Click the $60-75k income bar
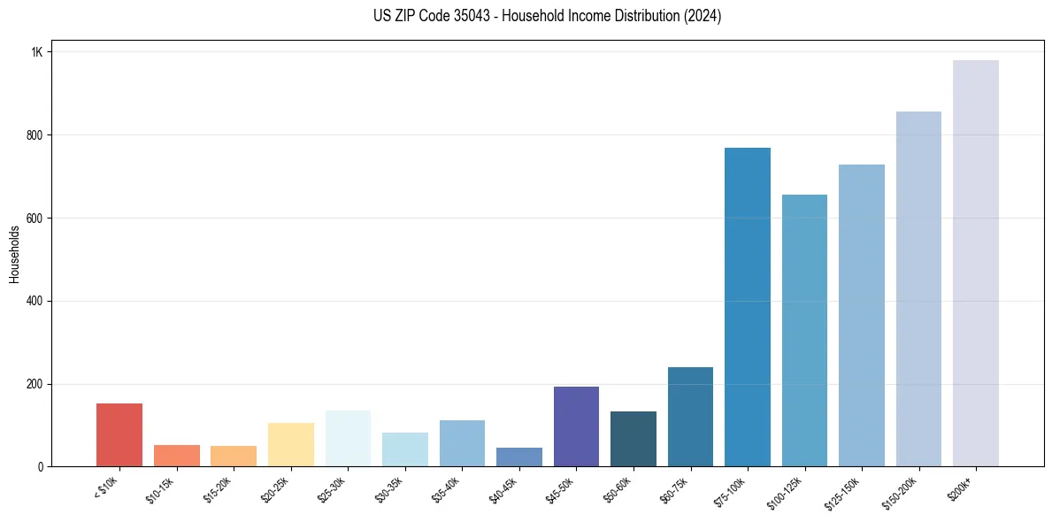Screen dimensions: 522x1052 click(690, 417)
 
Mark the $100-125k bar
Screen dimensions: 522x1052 click(804, 331)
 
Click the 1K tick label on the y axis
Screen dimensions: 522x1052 click(36, 52)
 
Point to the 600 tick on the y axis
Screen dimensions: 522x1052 click(34, 219)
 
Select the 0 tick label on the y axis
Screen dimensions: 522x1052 click(39, 467)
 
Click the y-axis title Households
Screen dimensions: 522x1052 click(14, 254)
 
